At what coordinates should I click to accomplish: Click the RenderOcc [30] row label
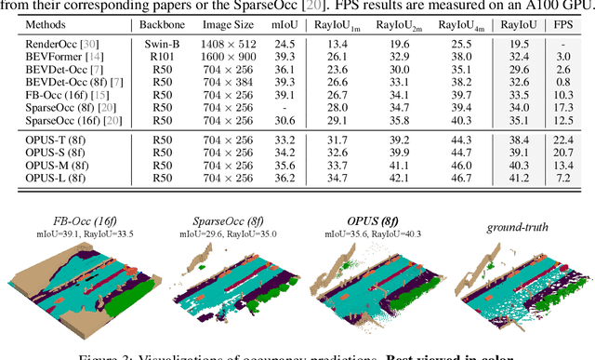click(x=53, y=43)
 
